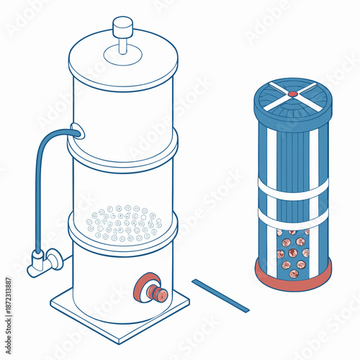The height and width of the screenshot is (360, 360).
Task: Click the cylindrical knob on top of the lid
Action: click(x=123, y=25)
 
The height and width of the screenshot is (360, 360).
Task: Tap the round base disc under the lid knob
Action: click(x=123, y=54)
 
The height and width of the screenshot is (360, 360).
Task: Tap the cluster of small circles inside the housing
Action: click(x=124, y=223)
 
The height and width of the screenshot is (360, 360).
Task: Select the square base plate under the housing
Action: click(x=79, y=302)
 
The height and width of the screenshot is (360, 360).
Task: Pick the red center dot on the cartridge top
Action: click(x=292, y=94)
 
